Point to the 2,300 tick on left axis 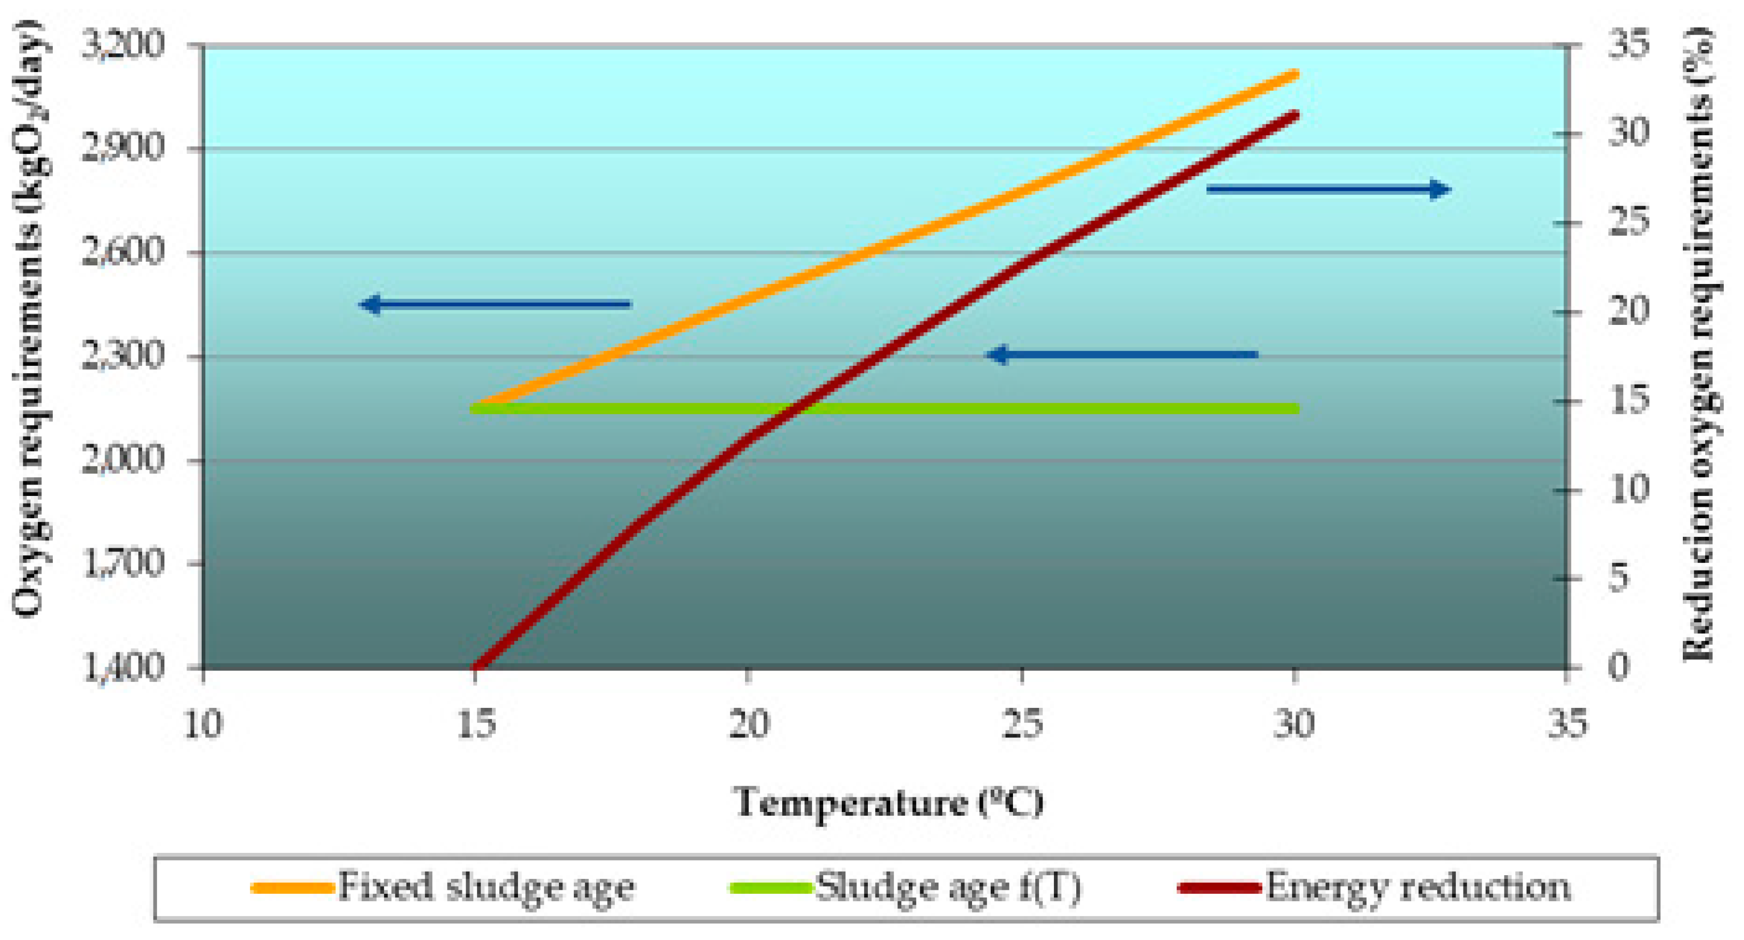coord(122,357)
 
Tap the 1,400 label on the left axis coord(122,668)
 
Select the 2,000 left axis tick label coord(122,461)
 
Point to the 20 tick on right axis coord(1628,312)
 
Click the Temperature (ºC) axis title coord(888,803)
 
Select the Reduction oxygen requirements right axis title coord(1699,345)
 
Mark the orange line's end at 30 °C coord(1294,75)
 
